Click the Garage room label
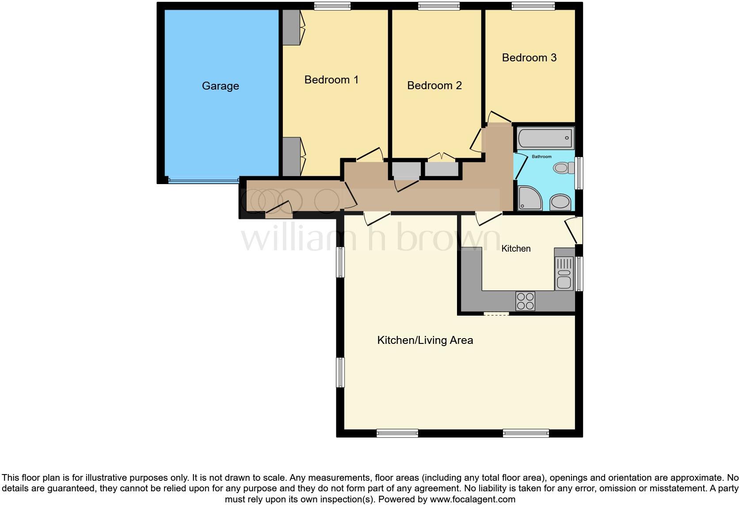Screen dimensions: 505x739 pos(220,86)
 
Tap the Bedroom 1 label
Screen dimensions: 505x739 pos(331,80)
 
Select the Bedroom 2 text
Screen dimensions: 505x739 pos(434,86)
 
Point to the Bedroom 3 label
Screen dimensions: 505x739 pos(529,58)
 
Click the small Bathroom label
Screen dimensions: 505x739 pos(541,157)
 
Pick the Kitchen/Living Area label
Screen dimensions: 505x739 pos(425,340)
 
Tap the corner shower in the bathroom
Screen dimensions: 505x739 pos(529,198)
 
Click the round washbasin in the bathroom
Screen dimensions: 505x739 pos(560,203)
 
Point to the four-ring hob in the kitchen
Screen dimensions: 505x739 pos(525,301)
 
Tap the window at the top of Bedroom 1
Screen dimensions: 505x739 pos(332,6)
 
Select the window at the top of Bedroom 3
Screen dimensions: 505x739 pos(533,6)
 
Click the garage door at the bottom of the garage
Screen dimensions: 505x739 pos(203,181)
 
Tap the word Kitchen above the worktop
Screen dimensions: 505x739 pos(516,249)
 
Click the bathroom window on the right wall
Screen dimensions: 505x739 pos(579,173)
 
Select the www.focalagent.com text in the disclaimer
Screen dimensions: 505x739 pos(472,500)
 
